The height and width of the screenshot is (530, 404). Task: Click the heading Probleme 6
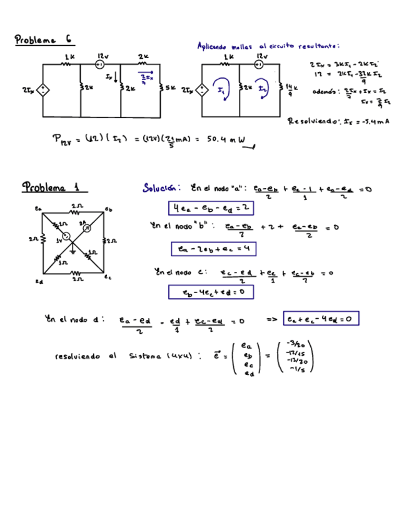click(43, 40)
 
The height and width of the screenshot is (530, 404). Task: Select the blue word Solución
click(161, 187)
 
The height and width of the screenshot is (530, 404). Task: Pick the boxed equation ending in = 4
click(213, 249)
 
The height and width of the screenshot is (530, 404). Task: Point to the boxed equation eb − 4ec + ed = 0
click(210, 292)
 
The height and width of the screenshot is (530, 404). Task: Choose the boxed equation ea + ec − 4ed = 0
click(321, 319)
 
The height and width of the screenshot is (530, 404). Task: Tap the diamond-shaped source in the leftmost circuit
click(43, 90)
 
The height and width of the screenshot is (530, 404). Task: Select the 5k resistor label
click(169, 89)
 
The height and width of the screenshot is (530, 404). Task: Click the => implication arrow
click(271, 319)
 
